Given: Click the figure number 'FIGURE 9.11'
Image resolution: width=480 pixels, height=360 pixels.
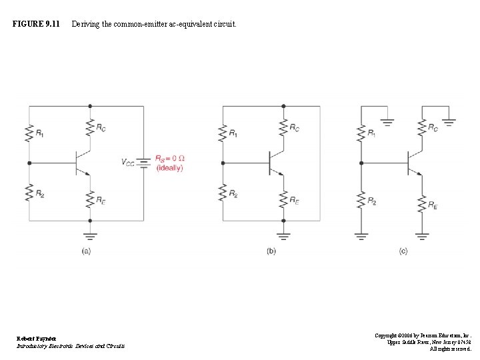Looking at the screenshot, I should click(x=36, y=25).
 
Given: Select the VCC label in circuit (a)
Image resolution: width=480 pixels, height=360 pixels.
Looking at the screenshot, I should click(x=127, y=162).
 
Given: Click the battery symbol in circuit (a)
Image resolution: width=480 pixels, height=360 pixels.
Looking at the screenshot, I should click(x=143, y=163).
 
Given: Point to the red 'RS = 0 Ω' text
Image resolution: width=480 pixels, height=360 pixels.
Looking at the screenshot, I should click(x=170, y=158).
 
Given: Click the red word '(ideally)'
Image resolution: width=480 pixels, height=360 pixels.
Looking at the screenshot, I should click(x=169, y=168).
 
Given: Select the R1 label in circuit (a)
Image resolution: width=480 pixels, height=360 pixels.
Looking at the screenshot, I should click(x=40, y=135).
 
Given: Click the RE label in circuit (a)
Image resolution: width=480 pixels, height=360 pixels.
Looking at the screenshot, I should click(x=101, y=199).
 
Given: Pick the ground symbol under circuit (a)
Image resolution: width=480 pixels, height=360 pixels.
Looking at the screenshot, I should click(x=91, y=235).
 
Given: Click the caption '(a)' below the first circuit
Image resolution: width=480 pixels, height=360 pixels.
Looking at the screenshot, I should click(x=86, y=251).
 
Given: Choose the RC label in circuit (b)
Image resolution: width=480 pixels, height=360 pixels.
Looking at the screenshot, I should click(x=294, y=128).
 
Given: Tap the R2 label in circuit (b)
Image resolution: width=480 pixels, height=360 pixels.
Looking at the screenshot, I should click(x=233, y=194).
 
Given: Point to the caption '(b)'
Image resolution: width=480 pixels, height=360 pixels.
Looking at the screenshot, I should click(x=271, y=251).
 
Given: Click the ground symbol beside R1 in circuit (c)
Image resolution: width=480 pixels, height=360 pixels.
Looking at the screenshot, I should click(x=387, y=122).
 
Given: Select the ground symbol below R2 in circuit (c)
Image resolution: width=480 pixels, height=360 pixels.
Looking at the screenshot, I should click(x=361, y=235).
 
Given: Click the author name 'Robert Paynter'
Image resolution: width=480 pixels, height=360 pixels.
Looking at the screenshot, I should click(x=37, y=339).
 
